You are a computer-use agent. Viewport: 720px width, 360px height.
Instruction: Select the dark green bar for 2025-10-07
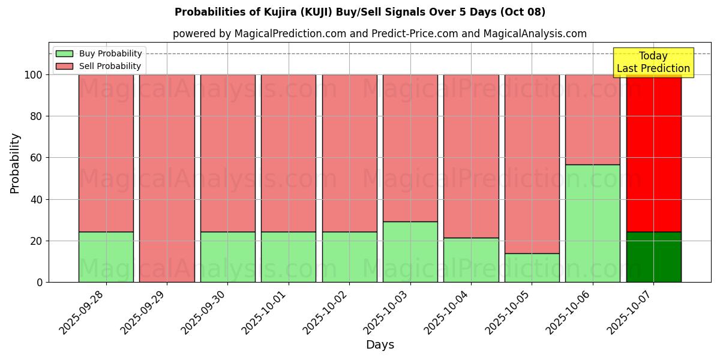pos(653,257)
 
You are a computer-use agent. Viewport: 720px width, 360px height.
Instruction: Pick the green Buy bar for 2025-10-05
pos(532,268)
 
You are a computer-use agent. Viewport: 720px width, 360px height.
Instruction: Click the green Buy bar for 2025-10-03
pos(410,252)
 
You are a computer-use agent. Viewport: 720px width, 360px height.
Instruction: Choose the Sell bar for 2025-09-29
pos(167,178)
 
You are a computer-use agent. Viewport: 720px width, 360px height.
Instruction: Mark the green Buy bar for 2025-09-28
pos(106,257)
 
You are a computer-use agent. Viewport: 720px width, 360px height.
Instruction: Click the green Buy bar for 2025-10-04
pos(471,260)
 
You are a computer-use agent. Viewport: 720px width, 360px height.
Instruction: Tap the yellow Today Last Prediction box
pos(653,62)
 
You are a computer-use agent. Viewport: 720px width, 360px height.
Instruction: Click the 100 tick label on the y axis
pos(32,75)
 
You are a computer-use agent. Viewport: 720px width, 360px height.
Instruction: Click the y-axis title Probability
pos(15,163)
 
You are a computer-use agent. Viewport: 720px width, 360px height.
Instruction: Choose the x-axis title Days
pos(380,345)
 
